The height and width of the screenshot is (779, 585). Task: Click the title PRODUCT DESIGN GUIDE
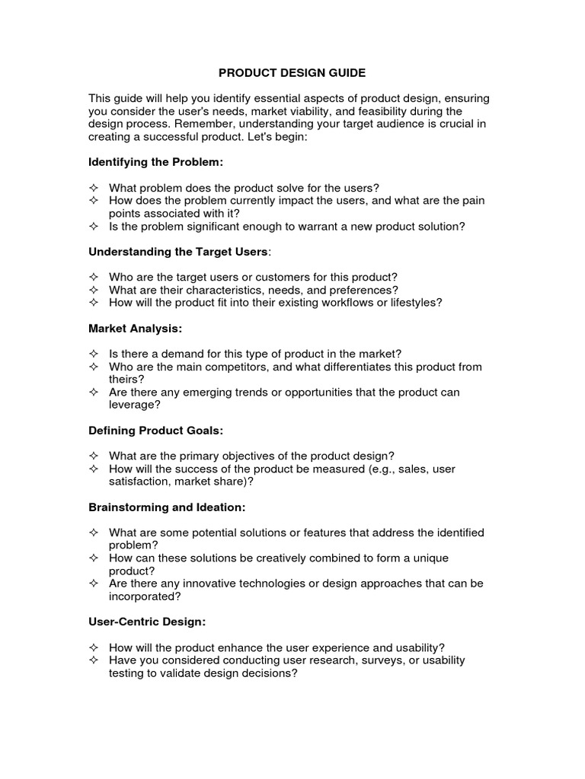tap(292, 73)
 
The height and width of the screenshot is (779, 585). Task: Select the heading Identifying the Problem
tap(156, 162)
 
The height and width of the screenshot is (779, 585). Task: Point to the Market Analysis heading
tap(135, 329)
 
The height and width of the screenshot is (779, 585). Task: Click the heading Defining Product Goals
tap(156, 431)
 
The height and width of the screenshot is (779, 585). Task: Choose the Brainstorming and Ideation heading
tap(168, 507)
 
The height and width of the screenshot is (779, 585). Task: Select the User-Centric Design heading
tap(147, 622)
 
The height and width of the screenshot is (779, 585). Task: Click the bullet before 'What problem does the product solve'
tap(94, 188)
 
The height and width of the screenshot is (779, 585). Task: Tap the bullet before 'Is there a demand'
tap(94, 354)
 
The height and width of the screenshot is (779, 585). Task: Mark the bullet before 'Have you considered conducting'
tap(94, 660)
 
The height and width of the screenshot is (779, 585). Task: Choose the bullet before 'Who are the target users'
tap(94, 277)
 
